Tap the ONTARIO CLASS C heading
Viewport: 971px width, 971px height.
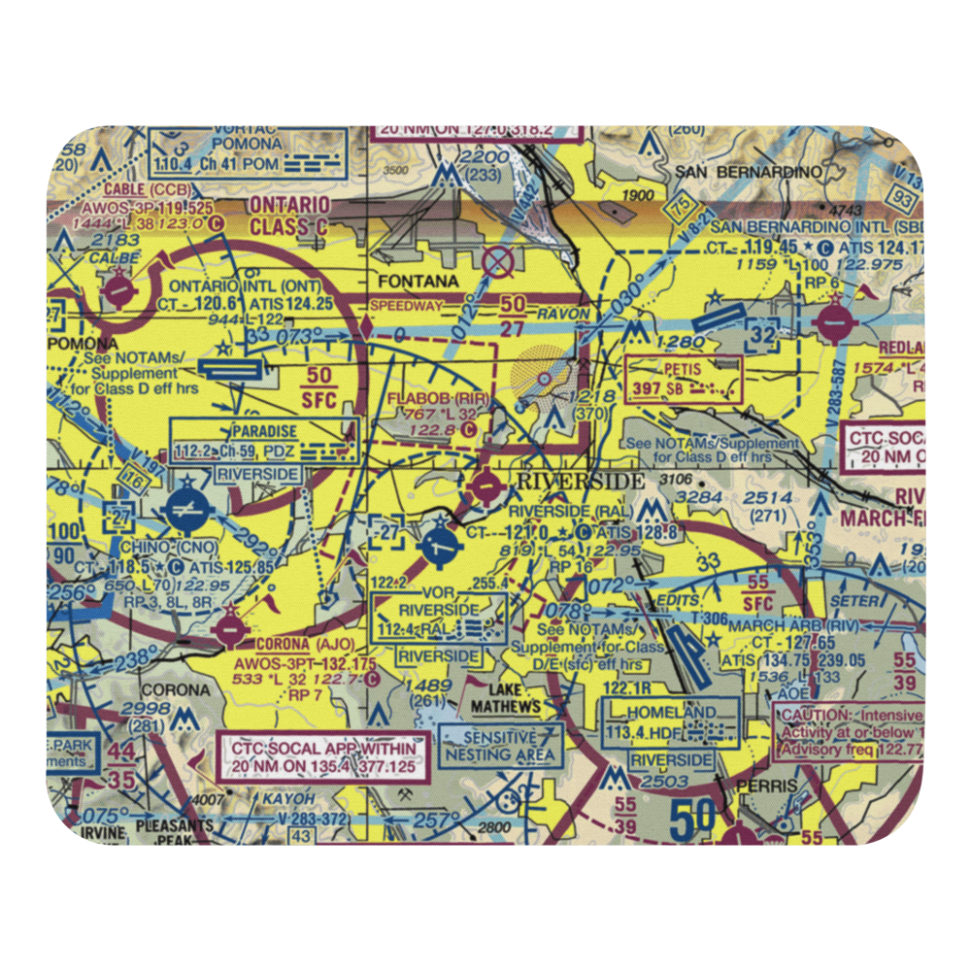(290, 216)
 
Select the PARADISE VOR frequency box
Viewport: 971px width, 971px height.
(264, 441)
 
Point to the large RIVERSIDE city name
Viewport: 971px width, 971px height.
(580, 482)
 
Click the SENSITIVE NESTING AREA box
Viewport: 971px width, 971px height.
(499, 745)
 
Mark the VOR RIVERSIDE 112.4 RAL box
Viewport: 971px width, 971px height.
(439, 618)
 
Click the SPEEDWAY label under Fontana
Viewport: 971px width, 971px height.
(405, 306)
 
